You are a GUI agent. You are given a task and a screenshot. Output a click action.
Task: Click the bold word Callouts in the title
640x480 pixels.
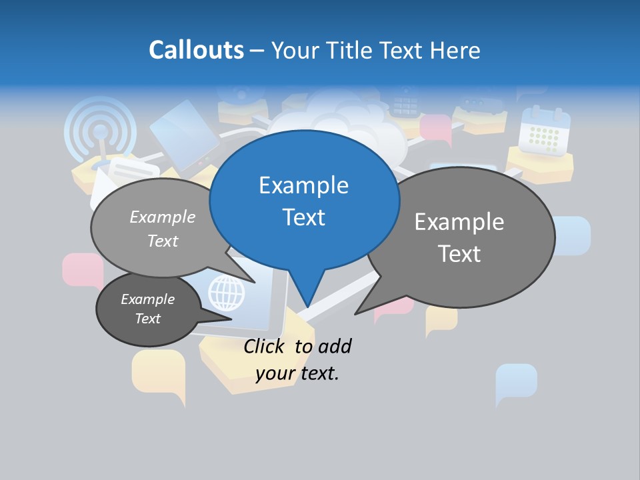click(x=196, y=50)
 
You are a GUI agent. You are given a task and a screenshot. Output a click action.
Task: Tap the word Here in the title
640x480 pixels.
click(x=457, y=50)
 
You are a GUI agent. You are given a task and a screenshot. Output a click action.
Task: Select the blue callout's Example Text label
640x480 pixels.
click(x=304, y=201)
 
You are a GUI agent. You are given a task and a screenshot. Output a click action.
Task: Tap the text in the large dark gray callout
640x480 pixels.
click(x=459, y=237)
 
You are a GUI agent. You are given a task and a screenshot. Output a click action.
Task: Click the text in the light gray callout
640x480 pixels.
click(x=163, y=229)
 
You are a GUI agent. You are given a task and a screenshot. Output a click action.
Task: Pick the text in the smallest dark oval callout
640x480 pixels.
click(x=148, y=309)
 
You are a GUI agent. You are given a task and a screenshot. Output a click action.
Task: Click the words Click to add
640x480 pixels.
click(x=297, y=346)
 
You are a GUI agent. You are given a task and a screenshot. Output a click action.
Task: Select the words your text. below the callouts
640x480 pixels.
click(x=297, y=373)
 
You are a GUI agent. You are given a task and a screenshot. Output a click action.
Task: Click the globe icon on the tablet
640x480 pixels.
click(x=227, y=292)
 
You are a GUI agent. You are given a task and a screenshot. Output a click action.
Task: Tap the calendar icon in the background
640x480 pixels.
click(x=545, y=131)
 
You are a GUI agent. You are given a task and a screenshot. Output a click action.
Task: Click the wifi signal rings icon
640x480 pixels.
click(x=100, y=130)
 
